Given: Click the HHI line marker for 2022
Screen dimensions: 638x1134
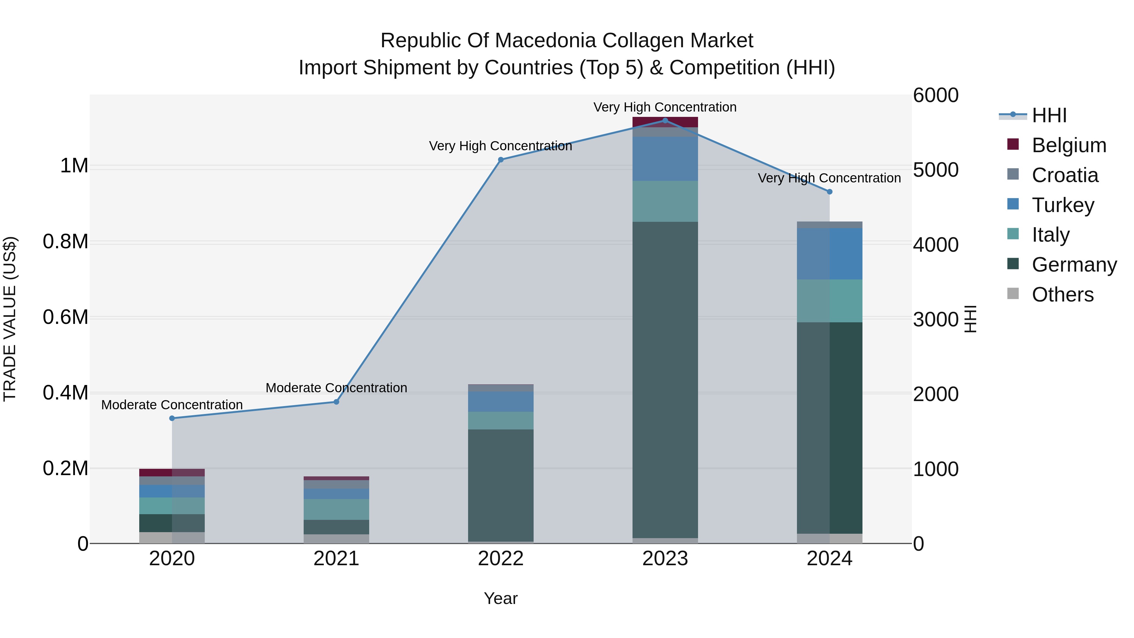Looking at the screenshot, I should [x=501, y=160].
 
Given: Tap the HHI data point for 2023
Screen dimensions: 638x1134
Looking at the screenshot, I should [x=665, y=121].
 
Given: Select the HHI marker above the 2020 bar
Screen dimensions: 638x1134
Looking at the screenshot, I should [x=172, y=418].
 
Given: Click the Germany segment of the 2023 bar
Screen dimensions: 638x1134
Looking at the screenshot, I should [x=665, y=379].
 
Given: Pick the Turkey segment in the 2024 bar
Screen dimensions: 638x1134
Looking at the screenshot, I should [x=829, y=254].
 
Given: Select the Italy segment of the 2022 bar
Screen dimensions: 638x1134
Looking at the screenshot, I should [x=501, y=421].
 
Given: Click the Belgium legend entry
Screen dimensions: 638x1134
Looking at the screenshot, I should [x=1068, y=145].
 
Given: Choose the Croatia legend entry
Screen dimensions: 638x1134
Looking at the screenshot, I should [x=1064, y=175].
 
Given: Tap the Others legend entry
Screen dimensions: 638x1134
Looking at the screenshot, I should [x=1062, y=295].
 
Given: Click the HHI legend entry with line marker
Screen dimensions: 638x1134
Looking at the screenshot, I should [x=1049, y=115].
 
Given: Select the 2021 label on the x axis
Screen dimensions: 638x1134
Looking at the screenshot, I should [x=336, y=559].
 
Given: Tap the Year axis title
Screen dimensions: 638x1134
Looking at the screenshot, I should [x=501, y=598].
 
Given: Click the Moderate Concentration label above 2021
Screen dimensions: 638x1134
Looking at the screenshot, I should [x=336, y=388].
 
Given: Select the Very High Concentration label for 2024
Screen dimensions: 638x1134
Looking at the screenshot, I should [x=829, y=178].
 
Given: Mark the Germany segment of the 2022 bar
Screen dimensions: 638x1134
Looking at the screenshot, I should [x=501, y=484].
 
